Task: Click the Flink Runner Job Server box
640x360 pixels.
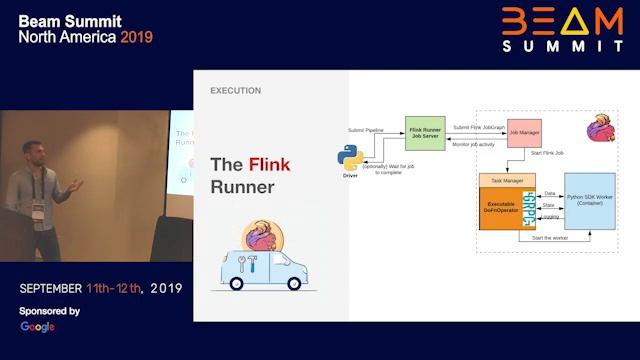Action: coord(425,132)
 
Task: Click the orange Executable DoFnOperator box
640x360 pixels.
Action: coord(506,207)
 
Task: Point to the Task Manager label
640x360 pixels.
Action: coord(506,180)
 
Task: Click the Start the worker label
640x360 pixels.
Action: coord(550,238)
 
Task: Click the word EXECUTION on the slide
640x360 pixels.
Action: coord(236,91)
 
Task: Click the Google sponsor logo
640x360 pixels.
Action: coord(37,327)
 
